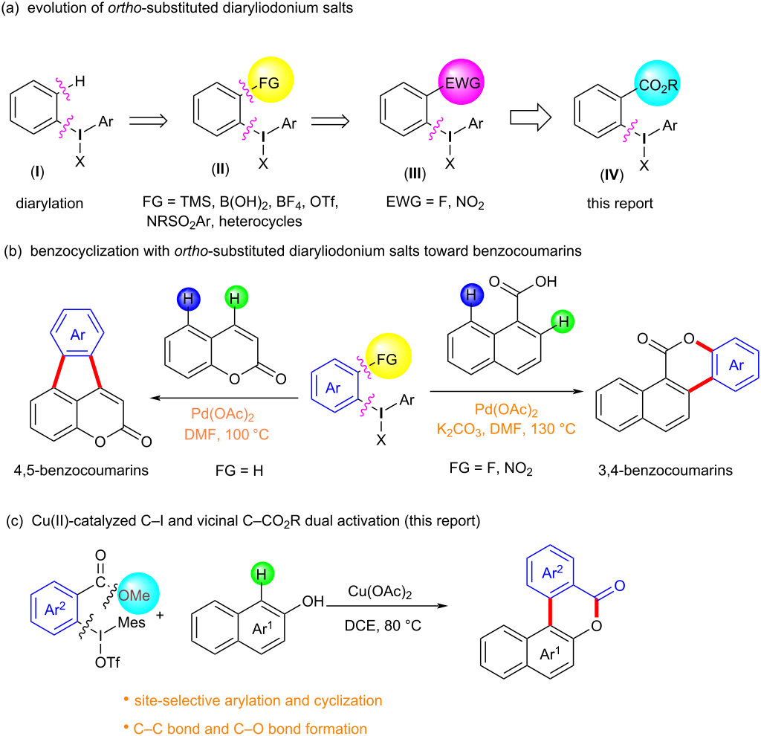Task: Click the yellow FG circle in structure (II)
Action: point(271,80)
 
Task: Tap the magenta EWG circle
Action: point(461,82)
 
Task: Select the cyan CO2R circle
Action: point(657,83)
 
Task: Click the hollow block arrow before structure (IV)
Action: point(531,117)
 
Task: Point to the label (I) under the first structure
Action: point(37,172)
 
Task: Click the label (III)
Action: point(415,173)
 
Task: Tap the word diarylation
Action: point(50,203)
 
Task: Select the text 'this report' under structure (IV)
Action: point(620,203)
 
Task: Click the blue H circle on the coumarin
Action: point(188,298)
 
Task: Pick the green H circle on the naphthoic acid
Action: point(563,321)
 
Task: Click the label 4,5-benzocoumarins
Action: point(81,470)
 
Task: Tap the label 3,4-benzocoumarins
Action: point(665,470)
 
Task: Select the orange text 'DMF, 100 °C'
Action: point(227,434)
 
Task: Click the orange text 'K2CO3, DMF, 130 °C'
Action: point(506,429)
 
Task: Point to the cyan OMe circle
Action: point(138,594)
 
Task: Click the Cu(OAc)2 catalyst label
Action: point(380,592)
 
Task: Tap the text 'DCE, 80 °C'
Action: point(383,625)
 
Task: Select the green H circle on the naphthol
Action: point(262,574)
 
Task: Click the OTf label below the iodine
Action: point(107,662)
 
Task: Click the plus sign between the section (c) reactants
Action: point(160,615)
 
